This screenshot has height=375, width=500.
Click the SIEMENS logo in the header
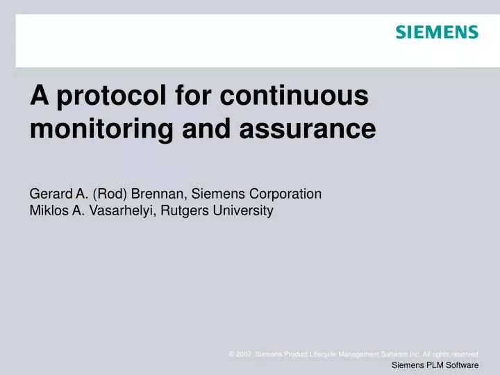[x=437, y=32]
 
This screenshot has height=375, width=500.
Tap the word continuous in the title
[x=294, y=96]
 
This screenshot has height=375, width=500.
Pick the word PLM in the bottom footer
[x=437, y=365]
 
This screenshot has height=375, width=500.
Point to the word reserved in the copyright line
[x=464, y=354]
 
